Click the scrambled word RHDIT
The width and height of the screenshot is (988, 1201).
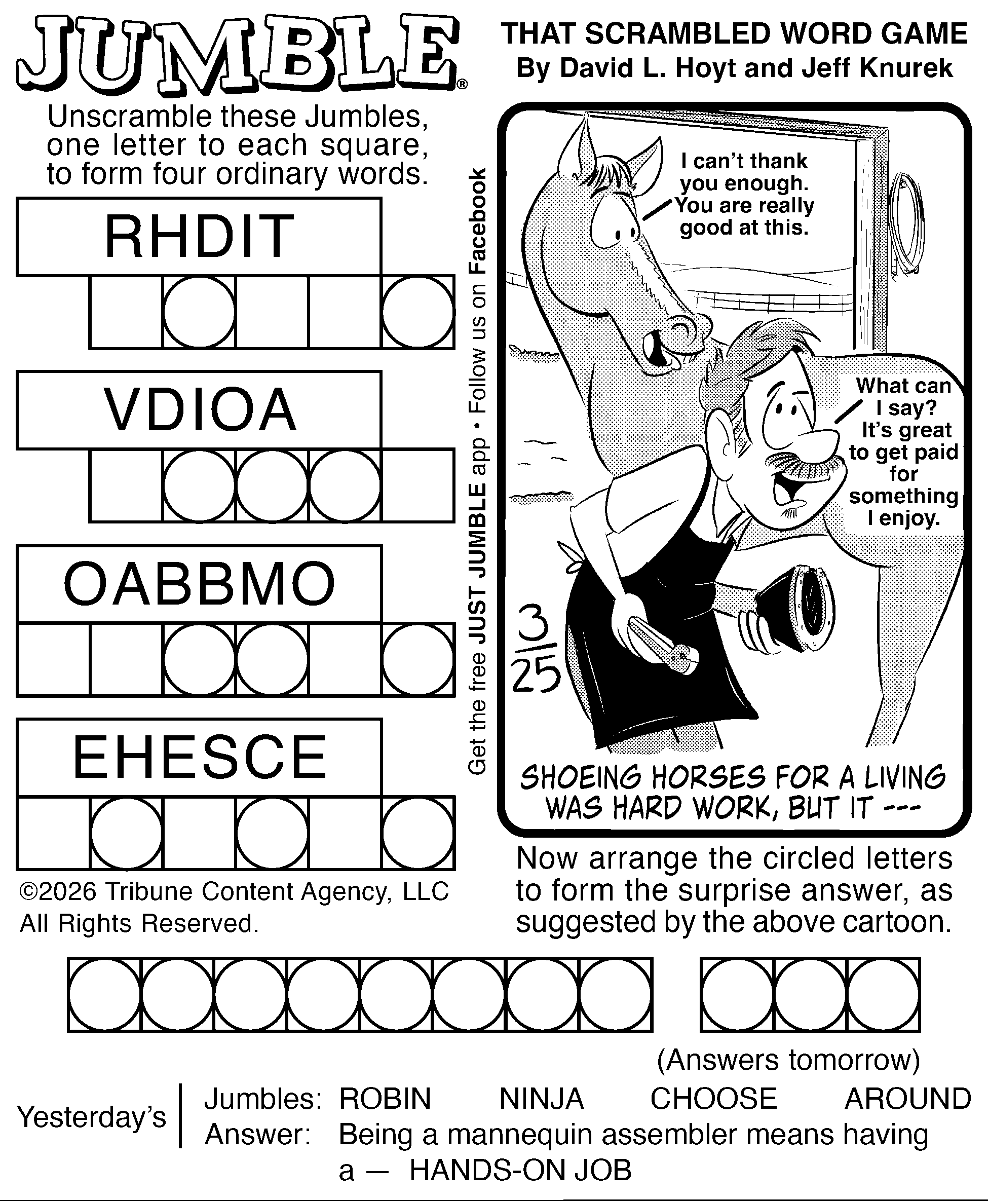199,236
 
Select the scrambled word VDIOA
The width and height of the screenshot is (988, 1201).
200,410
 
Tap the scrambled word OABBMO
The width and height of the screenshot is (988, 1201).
199,584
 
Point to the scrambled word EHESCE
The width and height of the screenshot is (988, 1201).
200,757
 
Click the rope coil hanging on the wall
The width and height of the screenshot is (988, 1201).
906,222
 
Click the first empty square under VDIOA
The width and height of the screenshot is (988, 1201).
126,485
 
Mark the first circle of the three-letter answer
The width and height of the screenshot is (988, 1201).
738,994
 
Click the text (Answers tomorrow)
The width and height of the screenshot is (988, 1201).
788,1059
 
